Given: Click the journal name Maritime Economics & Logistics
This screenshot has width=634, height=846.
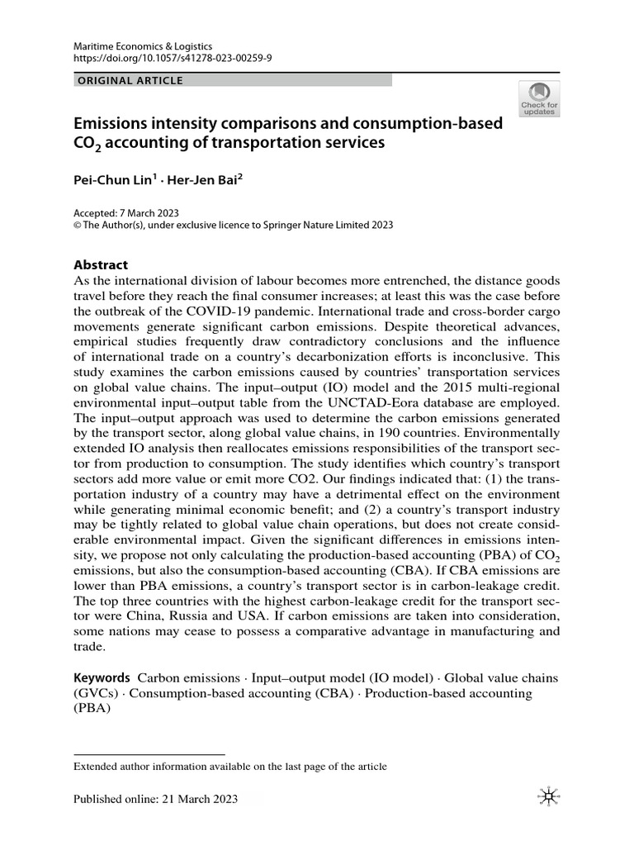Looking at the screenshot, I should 143,46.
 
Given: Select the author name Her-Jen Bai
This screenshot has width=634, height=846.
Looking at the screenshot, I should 204,178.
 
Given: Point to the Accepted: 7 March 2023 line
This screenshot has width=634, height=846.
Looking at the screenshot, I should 126,212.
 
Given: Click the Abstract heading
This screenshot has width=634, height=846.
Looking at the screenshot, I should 101,265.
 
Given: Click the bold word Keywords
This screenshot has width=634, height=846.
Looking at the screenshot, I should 102,677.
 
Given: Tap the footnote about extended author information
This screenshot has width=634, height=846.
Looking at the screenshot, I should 230,766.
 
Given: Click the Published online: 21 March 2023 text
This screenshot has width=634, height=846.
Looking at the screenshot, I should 155,798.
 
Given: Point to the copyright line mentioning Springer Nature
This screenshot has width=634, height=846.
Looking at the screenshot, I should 233,225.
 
